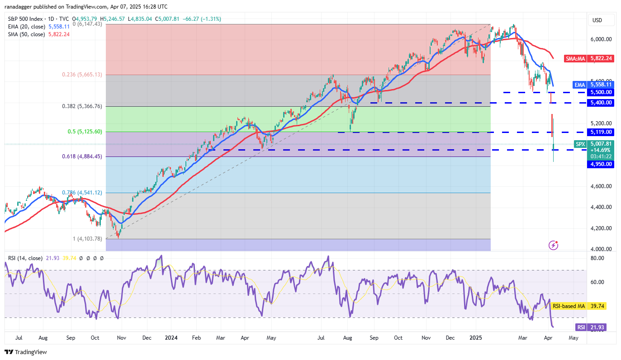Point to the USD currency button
coord(597,20)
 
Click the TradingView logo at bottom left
coord(26,352)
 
